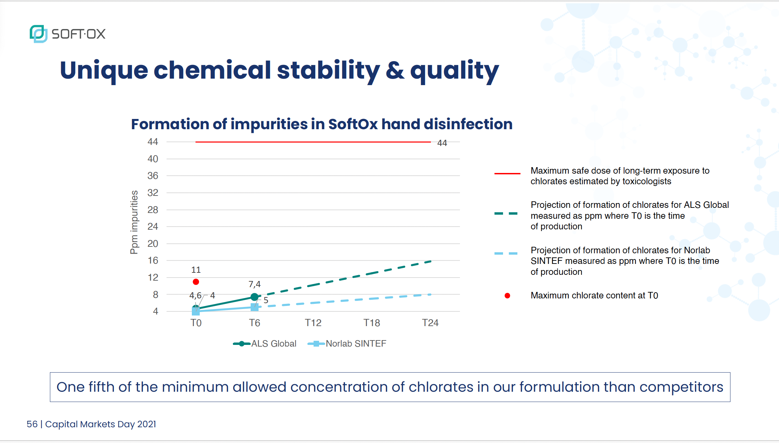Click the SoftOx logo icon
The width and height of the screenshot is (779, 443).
[38, 33]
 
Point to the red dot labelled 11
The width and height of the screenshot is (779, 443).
[196, 282]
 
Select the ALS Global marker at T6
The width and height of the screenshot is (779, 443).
[254, 297]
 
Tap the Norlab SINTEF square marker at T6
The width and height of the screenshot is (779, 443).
[254, 307]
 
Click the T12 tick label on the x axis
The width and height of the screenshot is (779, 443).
[313, 323]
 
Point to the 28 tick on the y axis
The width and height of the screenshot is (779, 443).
[153, 210]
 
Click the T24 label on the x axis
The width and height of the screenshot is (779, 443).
[430, 323]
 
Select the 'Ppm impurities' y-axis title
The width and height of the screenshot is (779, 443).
[134, 222]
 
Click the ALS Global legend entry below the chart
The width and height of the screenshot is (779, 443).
[265, 344]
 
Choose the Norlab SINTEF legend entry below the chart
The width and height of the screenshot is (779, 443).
[347, 344]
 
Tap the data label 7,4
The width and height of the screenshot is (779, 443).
[254, 284]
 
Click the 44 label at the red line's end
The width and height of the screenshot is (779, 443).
[442, 143]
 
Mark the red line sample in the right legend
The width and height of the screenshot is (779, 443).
[507, 174]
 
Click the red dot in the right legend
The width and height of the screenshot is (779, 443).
[507, 296]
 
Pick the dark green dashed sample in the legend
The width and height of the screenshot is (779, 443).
[506, 214]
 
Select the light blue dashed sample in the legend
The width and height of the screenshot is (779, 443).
[506, 253]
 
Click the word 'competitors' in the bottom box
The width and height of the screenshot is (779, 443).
[681, 387]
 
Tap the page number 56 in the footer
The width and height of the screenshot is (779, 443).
[32, 424]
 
